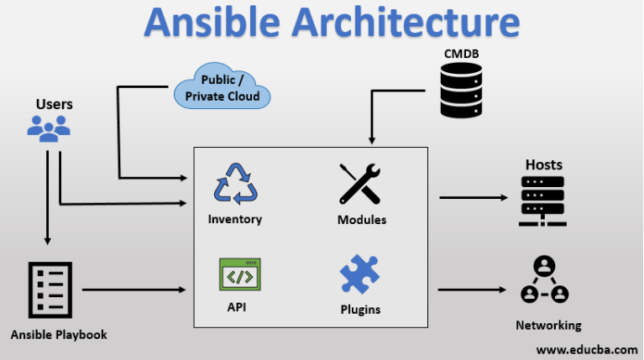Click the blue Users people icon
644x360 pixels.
tap(49, 129)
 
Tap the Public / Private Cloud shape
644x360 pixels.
tap(223, 86)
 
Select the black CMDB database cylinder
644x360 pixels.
tap(461, 91)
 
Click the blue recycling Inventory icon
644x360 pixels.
tap(235, 184)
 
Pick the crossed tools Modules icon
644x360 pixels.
tap(360, 184)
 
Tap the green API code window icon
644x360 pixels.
tap(240, 274)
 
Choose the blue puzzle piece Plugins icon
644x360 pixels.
tap(359, 274)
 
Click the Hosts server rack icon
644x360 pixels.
tap(542, 201)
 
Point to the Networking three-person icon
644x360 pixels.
tap(545, 279)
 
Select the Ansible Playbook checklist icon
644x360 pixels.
tap(50, 290)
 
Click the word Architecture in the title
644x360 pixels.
tap(406, 22)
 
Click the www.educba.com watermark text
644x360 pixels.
tap(587, 350)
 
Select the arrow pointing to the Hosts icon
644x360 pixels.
tap(474, 197)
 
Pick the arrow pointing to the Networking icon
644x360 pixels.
tap(472, 290)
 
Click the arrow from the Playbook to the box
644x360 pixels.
tap(134, 290)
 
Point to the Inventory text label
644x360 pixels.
tap(235, 219)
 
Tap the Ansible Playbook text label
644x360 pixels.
tap(59, 335)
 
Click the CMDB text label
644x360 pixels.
tap(461, 54)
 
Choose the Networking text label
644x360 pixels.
tap(548, 325)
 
